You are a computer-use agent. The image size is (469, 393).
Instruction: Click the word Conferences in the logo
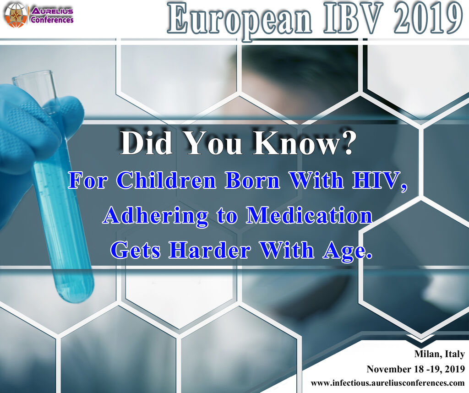[52, 20]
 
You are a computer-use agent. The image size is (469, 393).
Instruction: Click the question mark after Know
[347, 143]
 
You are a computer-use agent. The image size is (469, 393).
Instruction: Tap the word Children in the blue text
[166, 180]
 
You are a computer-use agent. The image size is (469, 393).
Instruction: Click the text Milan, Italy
[439, 354]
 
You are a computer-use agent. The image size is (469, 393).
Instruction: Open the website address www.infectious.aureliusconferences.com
[387, 383]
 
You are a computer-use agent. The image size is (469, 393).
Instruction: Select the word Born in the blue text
[253, 180]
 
